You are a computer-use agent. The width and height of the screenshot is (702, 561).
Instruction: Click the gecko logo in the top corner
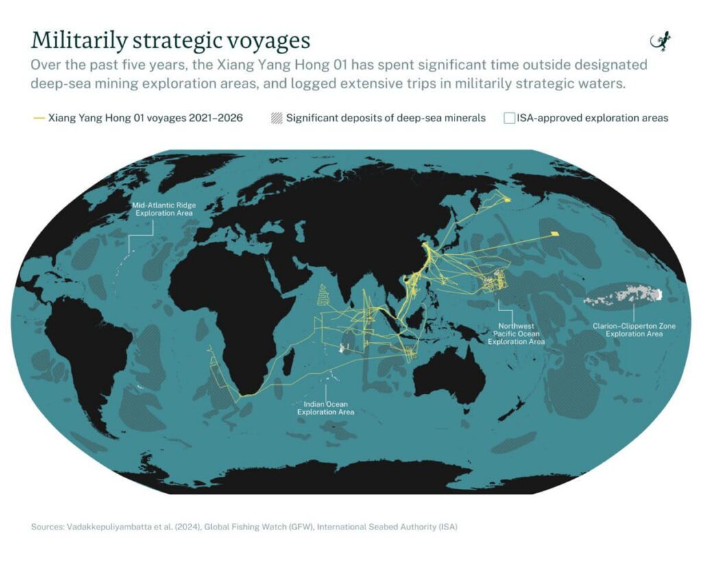coord(660,41)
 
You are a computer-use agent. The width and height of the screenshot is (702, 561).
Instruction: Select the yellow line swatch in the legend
coord(38,118)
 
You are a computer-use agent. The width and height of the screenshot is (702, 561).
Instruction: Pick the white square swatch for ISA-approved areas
coord(509,118)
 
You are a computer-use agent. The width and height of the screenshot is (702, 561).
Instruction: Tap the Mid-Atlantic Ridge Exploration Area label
coord(163,209)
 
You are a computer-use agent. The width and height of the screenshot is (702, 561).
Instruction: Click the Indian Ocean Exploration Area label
coord(326,408)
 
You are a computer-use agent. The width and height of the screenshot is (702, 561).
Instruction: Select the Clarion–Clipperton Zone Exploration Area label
coord(634,330)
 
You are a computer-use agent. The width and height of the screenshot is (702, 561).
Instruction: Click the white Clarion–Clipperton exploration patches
coord(624,296)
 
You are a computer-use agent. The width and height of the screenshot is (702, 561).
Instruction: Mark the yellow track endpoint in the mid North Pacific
coord(555,234)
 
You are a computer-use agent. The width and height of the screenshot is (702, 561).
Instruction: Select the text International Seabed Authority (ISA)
coord(387,527)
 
